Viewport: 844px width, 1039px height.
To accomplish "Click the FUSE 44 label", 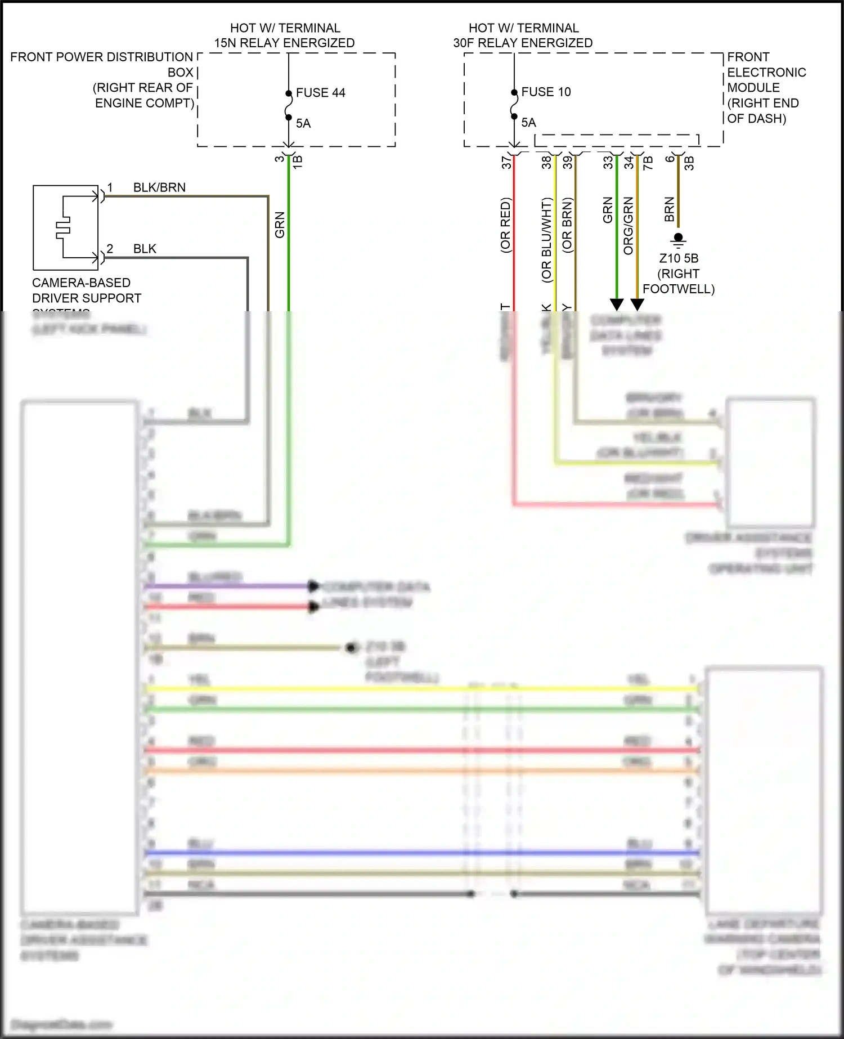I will (x=320, y=93).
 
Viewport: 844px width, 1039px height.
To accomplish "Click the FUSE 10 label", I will (x=546, y=92).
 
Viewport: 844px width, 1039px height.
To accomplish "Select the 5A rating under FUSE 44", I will (x=303, y=123).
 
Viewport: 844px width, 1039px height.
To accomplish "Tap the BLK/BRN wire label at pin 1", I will (x=159, y=187).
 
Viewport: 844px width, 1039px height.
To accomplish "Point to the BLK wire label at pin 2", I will (x=145, y=249).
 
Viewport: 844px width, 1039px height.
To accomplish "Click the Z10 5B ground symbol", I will (x=678, y=240).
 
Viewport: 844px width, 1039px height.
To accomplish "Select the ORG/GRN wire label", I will (x=628, y=226).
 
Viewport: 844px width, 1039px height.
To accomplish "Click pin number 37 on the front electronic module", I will (x=506, y=162).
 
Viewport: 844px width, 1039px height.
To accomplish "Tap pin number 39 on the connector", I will (x=568, y=162).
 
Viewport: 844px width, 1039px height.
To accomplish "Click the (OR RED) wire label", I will (x=505, y=225).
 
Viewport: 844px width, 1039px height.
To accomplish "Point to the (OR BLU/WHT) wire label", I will (x=546, y=240).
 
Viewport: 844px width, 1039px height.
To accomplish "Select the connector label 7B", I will (x=648, y=163).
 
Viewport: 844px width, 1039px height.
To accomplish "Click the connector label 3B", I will (x=689, y=163).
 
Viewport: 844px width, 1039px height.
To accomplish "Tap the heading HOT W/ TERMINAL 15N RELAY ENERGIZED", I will (x=285, y=35).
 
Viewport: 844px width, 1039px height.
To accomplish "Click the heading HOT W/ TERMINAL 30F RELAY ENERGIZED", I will (x=523, y=35).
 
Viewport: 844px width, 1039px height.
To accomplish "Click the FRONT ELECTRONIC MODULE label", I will (x=766, y=88).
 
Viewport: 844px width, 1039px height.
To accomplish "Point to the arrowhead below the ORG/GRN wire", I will (x=637, y=304).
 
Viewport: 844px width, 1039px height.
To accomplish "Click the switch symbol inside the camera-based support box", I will (x=63, y=227).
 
